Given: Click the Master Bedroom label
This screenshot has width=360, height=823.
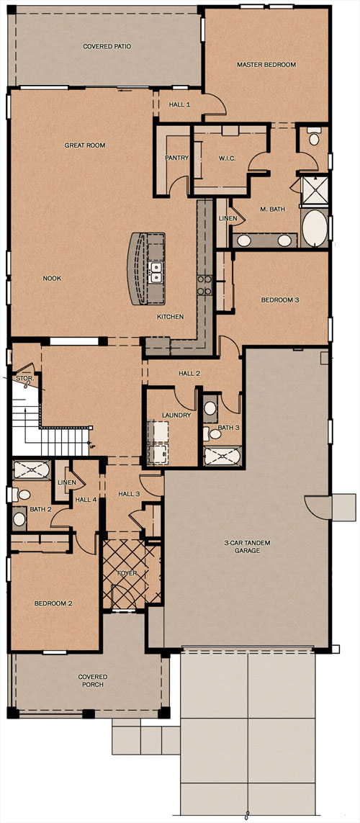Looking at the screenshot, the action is tap(266, 65).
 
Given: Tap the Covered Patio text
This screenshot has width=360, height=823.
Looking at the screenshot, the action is tap(107, 46).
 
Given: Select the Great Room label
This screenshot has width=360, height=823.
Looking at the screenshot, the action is tap(85, 145).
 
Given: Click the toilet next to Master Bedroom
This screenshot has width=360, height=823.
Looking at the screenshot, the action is tap(314, 137).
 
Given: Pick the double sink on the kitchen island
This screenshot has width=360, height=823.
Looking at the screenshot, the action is tap(156, 273).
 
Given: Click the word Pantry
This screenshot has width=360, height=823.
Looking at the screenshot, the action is tap(177, 158).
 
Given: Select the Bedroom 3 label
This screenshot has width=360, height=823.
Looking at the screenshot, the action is tap(280, 300).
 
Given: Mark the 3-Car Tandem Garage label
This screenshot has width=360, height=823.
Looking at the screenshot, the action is tap(247, 547).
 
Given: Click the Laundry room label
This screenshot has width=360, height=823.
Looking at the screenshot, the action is tap(176, 415).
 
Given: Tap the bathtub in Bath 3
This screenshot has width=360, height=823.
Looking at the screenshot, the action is tap(222, 455).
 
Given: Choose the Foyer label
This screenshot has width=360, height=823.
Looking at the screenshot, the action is tap(127, 573).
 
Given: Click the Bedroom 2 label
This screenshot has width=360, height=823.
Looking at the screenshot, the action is tap(53, 603).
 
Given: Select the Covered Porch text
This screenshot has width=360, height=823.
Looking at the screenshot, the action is tap(93, 680).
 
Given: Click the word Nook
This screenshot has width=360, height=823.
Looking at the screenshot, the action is tap(52, 278).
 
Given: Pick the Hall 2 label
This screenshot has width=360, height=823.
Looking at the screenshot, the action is tap(189, 374).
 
